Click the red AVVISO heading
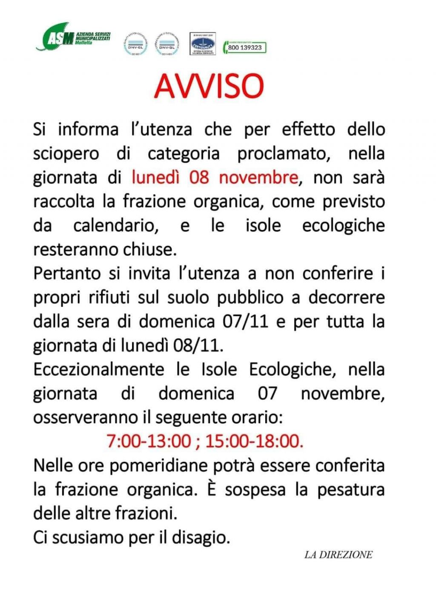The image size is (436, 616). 209,86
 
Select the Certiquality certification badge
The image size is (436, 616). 202,44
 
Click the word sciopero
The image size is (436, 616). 66,154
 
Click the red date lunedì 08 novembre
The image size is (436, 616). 215,177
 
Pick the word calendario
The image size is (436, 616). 116,225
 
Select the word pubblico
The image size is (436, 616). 250,297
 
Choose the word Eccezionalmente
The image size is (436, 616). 99,369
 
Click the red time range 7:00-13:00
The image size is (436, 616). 149,441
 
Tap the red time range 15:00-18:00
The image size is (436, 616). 254,441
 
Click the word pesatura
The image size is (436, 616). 350,489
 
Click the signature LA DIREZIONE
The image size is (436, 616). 338,555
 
